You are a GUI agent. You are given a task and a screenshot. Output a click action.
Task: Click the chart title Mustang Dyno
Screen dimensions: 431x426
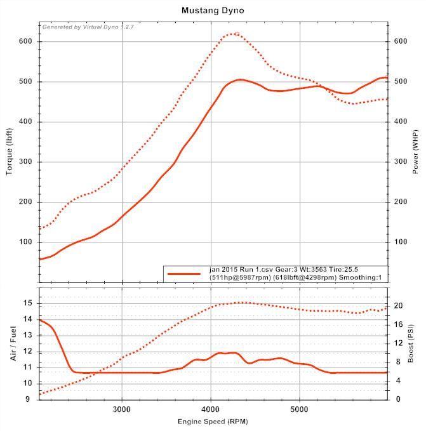[x=212, y=10]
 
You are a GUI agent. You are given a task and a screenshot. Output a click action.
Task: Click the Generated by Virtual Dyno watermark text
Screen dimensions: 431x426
[x=88, y=27]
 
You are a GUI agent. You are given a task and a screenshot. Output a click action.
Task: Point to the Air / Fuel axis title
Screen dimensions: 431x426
[x=13, y=343]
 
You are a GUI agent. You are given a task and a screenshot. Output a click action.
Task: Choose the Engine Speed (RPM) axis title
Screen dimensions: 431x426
[x=213, y=421]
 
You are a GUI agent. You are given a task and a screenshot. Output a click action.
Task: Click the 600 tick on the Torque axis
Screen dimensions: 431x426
[x=25, y=41]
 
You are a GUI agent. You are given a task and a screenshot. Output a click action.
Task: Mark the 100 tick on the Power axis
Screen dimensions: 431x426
[x=400, y=242]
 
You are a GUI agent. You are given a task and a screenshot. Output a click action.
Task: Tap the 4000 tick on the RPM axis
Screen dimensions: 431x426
[x=211, y=409]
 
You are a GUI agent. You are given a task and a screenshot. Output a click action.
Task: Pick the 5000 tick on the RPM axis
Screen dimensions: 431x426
[x=300, y=409]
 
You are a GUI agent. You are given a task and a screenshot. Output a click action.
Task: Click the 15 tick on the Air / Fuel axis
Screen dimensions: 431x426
[x=29, y=303]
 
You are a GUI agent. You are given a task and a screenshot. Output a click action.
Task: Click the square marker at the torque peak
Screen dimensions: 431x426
[x=237, y=34]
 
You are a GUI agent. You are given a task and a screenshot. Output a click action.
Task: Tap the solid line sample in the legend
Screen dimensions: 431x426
[x=184, y=274]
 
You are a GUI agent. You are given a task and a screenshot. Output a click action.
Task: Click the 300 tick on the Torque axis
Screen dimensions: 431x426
[x=25, y=162]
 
